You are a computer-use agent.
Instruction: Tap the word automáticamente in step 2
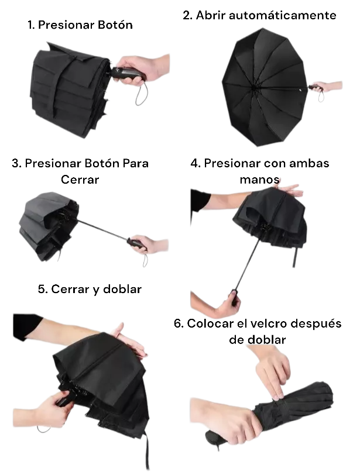(282, 15)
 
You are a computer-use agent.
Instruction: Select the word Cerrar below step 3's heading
(80, 180)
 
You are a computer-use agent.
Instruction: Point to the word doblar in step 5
(122, 289)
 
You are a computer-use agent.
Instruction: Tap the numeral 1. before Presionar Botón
(31, 25)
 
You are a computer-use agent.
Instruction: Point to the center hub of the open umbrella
(253, 88)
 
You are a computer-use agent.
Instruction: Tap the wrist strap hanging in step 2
(321, 96)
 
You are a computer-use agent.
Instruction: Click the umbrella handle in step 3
(136, 243)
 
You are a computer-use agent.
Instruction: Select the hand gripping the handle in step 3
(150, 245)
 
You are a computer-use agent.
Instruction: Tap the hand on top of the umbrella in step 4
(289, 191)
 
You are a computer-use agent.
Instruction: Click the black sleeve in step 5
(26, 326)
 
